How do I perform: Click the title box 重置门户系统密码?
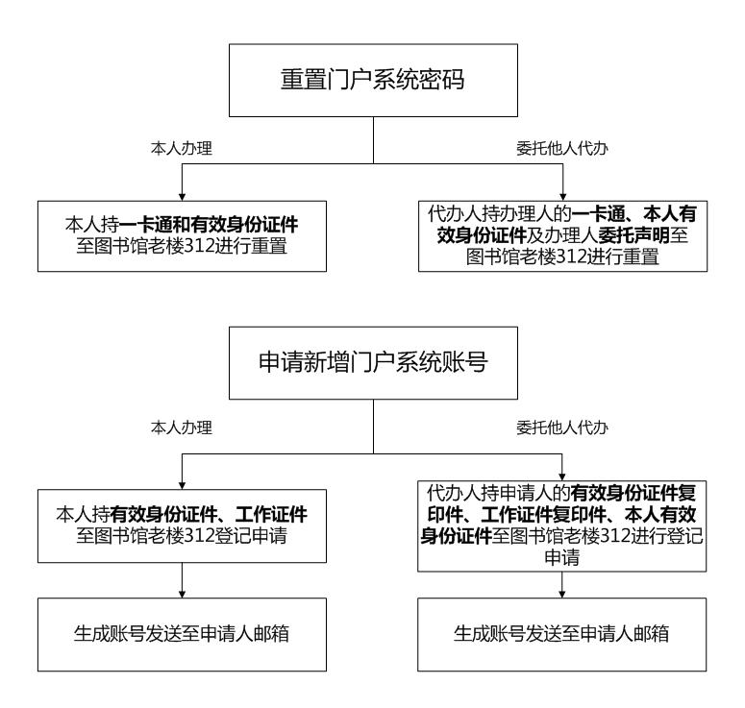[373, 81]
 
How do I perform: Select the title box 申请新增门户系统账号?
[373, 363]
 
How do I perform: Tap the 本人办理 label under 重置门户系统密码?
[182, 148]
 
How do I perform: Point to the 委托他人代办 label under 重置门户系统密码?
[562, 148]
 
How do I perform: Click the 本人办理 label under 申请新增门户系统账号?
[182, 427]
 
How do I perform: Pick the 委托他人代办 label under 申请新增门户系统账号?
[562, 427]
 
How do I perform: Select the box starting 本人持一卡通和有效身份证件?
[182, 236]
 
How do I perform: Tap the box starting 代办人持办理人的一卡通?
[562, 236]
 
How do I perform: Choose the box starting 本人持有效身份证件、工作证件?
[182, 526]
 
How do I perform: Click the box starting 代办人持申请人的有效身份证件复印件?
[562, 526]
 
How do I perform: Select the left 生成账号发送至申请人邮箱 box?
[182, 634]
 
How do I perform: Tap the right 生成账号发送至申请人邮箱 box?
[562, 634]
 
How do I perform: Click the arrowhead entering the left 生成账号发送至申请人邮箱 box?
[182, 594]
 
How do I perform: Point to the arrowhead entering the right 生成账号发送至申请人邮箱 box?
[562, 594]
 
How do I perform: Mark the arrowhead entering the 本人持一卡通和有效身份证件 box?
[182, 197]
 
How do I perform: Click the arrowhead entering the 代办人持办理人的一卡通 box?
[563, 197]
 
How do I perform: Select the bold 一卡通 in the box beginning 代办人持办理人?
[599, 213]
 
